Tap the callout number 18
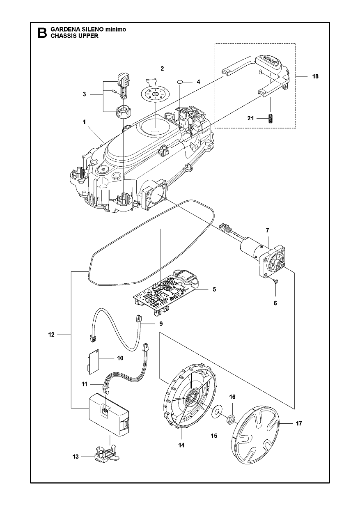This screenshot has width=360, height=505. coord(315,76)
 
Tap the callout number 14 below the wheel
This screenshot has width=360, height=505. coord(181,445)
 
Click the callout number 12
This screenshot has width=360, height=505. coord(51,335)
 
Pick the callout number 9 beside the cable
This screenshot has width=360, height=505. coord(161,324)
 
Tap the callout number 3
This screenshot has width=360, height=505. coord(84,94)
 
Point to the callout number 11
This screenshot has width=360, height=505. coord(85,384)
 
